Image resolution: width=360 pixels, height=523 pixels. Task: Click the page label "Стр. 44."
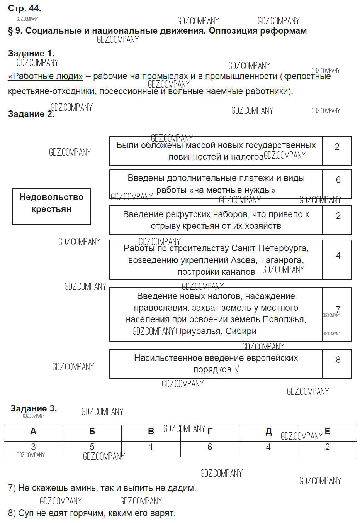(24, 8)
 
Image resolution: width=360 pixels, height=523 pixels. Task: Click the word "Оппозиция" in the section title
(232, 30)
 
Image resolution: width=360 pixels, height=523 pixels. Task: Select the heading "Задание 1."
(31, 53)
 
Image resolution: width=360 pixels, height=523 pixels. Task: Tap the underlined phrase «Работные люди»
(46, 76)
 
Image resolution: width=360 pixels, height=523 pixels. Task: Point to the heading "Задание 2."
(31, 114)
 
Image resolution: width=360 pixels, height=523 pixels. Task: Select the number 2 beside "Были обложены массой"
(337, 147)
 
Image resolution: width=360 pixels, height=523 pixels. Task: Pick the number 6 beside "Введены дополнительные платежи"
(338, 180)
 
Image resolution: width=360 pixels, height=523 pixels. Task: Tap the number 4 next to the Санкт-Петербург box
(338, 256)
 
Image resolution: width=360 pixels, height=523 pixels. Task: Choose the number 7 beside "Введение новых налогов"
(338, 310)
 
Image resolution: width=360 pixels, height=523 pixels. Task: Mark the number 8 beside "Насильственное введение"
(338, 360)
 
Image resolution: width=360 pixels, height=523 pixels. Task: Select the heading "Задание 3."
(34, 408)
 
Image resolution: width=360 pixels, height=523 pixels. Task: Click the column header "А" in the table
(33, 432)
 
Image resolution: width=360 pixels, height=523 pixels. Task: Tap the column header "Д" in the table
(268, 432)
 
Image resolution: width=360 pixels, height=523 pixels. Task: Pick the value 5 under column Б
(92, 447)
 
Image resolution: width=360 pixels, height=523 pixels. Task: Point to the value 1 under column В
(151, 447)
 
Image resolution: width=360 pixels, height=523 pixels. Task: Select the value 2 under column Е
(328, 447)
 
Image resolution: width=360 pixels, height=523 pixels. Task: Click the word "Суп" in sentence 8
(26, 513)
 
